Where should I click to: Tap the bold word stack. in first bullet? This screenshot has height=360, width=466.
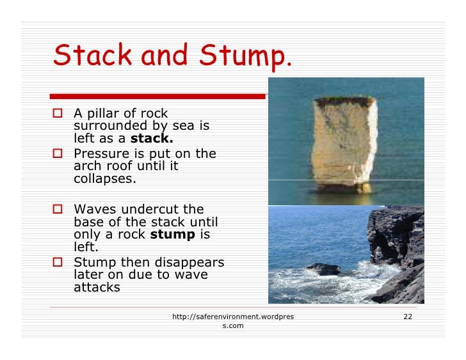pyautogui.click(x=152, y=138)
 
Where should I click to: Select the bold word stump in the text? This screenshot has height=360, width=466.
pyautogui.click(x=172, y=235)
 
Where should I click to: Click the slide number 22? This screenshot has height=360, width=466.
pyautogui.click(x=407, y=317)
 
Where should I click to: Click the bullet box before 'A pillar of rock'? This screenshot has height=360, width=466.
pyautogui.click(x=58, y=114)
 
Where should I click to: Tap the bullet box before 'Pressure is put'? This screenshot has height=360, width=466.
pyautogui.click(x=58, y=154)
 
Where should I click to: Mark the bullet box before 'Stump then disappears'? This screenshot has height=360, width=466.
pyautogui.click(x=58, y=262)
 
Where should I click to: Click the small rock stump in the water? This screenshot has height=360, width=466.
pyautogui.click(x=324, y=269)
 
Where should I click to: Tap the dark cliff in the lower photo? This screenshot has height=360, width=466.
pyautogui.click(x=397, y=249)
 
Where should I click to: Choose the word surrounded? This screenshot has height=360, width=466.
pyautogui.click(x=106, y=126)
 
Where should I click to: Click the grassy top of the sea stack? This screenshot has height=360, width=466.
pyautogui.click(x=344, y=101)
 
